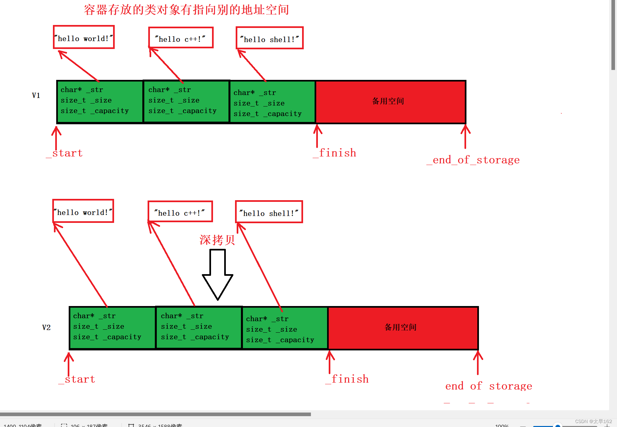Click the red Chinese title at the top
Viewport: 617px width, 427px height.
pyautogui.click(x=186, y=10)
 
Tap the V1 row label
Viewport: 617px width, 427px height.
pyautogui.click(x=36, y=96)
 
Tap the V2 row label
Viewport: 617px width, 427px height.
pyautogui.click(x=46, y=327)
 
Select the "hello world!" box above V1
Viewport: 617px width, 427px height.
pyautogui.click(x=84, y=37)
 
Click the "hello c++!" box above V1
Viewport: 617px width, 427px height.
pyautogui.click(x=181, y=38)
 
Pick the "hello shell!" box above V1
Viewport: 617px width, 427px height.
pyautogui.click(x=270, y=38)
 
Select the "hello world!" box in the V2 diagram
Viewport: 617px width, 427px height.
pyautogui.click(x=83, y=211)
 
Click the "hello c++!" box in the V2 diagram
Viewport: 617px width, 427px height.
pyautogui.click(x=180, y=212)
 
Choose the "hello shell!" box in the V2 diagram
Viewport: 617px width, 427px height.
pyautogui.click(x=269, y=212)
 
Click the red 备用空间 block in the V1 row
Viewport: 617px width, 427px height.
pyautogui.click(x=391, y=102)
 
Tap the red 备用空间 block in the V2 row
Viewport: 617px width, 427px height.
pyautogui.click(x=403, y=328)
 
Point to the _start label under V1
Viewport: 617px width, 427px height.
pyautogui.click(x=65, y=153)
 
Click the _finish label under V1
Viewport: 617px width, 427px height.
pyautogui.click(x=335, y=153)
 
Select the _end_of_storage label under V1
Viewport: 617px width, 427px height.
pyautogui.click(x=473, y=160)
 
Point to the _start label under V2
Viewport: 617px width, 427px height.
pyautogui.click(x=77, y=379)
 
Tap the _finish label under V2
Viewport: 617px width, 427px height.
pyautogui.click(x=347, y=379)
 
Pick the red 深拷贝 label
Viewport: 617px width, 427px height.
pyautogui.click(x=217, y=240)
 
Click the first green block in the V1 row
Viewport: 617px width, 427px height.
pyautogui.click(x=100, y=102)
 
